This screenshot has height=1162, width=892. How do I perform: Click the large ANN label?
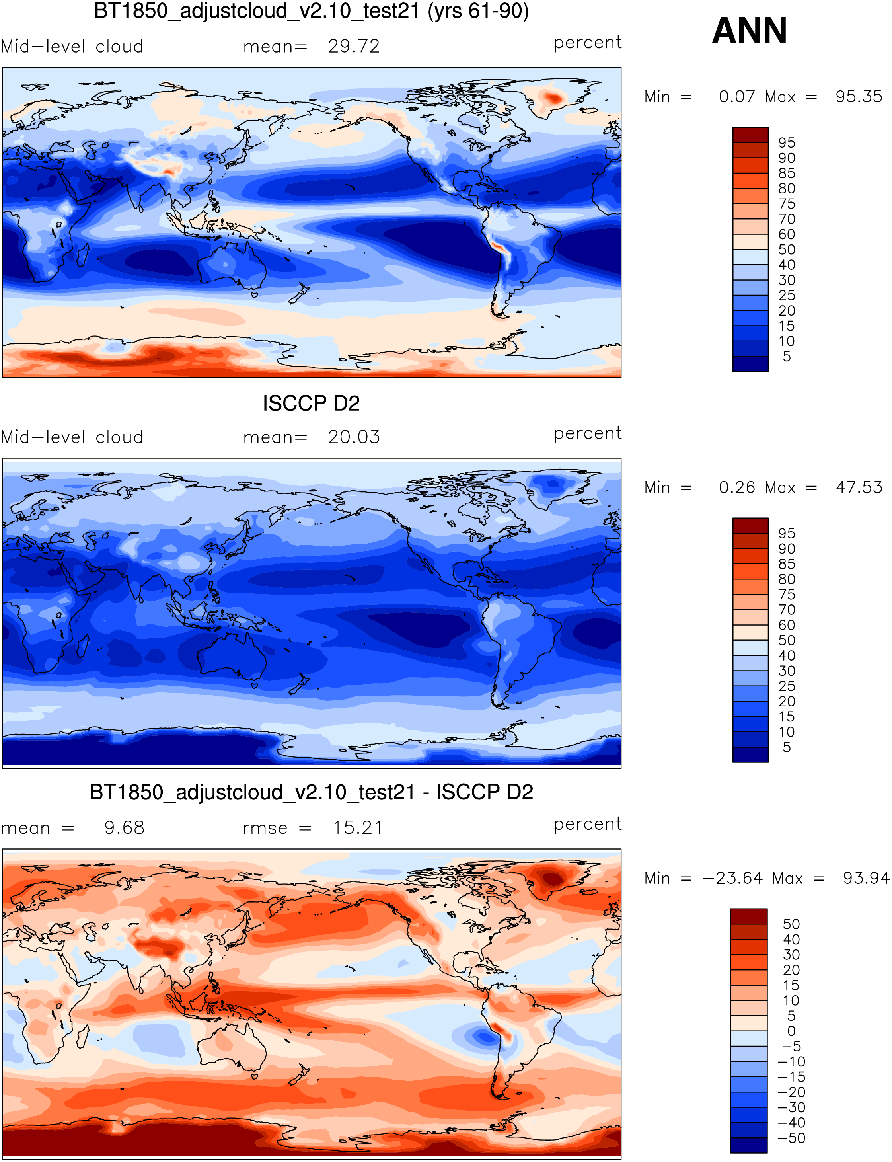tap(749, 31)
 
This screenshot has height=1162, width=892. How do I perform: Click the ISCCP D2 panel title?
tap(311, 404)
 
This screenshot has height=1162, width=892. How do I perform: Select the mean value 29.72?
tap(354, 47)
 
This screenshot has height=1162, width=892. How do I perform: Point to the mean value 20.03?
tap(354, 437)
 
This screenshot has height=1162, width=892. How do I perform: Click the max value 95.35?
tap(859, 97)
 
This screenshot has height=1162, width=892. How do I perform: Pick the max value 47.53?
tap(859, 487)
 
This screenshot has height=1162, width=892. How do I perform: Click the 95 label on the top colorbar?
tap(786, 143)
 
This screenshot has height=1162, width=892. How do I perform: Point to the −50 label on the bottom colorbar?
tap(791, 1138)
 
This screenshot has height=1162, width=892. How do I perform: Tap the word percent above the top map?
tap(587, 43)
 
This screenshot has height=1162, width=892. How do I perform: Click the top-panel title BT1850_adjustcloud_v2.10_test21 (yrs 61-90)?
tap(311, 12)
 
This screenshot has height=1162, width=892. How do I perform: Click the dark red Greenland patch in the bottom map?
tap(552, 877)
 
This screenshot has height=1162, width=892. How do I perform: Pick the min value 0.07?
tap(736, 97)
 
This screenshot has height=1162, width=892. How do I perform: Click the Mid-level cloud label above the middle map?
tap(72, 437)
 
